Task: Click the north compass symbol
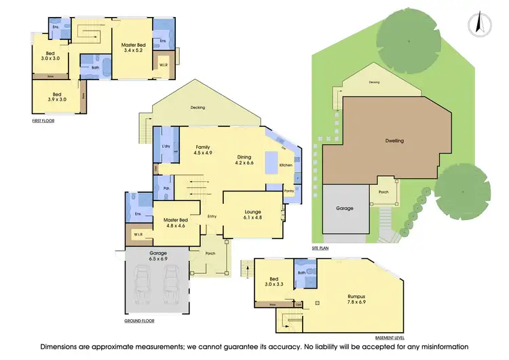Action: (480, 23)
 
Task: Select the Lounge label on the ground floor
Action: (253, 212)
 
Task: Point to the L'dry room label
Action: (166, 147)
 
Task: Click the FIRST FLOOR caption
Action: (43, 121)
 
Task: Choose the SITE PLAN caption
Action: (320, 249)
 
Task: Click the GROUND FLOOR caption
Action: (139, 320)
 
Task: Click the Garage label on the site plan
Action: (345, 208)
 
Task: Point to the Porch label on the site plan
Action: (383, 192)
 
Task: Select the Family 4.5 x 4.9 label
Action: (203, 150)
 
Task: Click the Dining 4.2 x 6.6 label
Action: (244, 160)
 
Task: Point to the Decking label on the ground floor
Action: (197, 108)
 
